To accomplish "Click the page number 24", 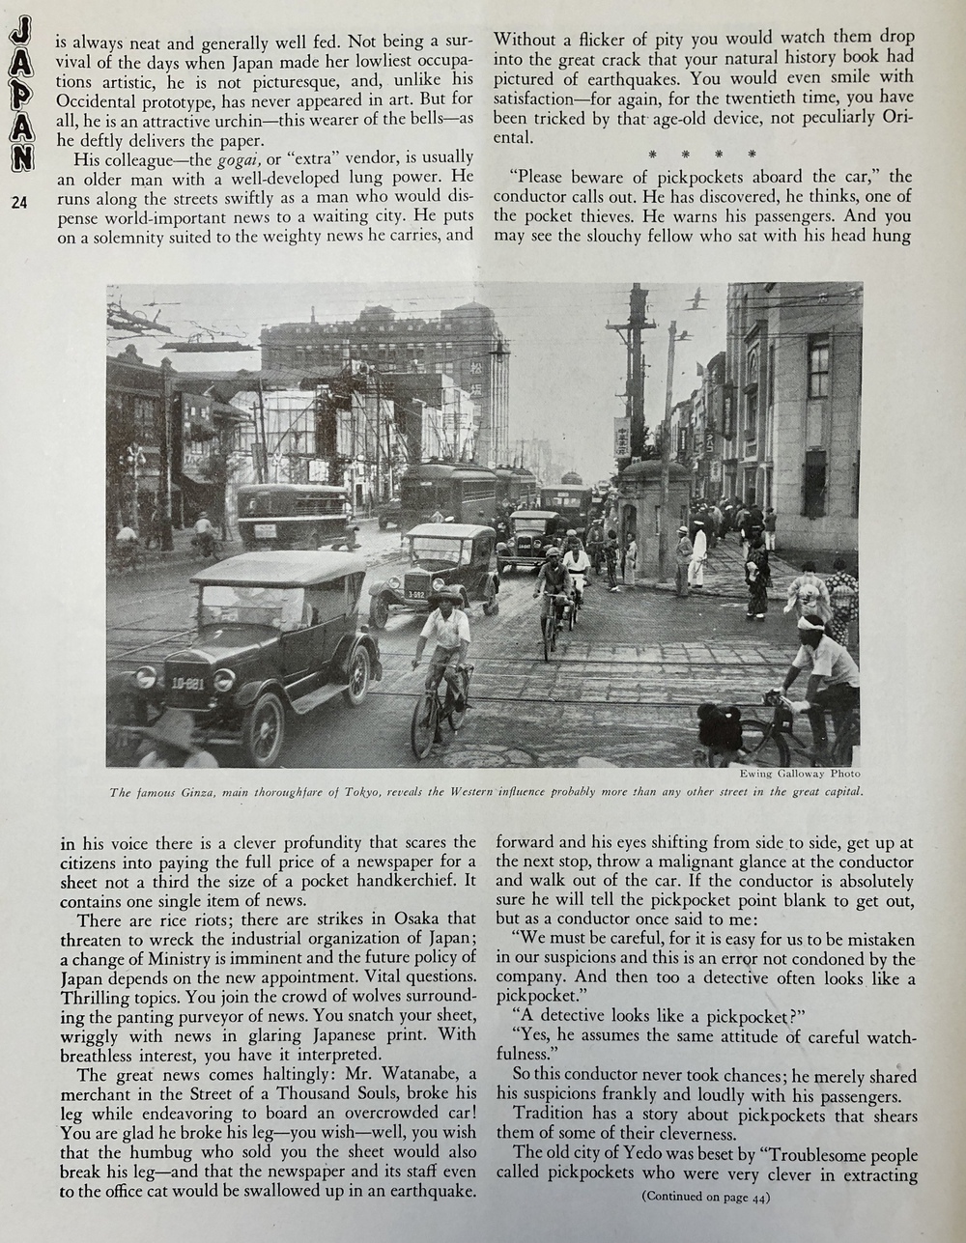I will [19, 201].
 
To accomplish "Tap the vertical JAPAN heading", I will [20, 98].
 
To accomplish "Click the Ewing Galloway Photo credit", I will [799, 774].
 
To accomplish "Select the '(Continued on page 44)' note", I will [705, 1197].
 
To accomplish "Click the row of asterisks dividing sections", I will [703, 154].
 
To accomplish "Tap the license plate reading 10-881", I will [187, 683].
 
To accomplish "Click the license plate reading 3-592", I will [415, 594].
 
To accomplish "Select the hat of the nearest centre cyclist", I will [445, 598].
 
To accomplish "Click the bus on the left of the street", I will [294, 514].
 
